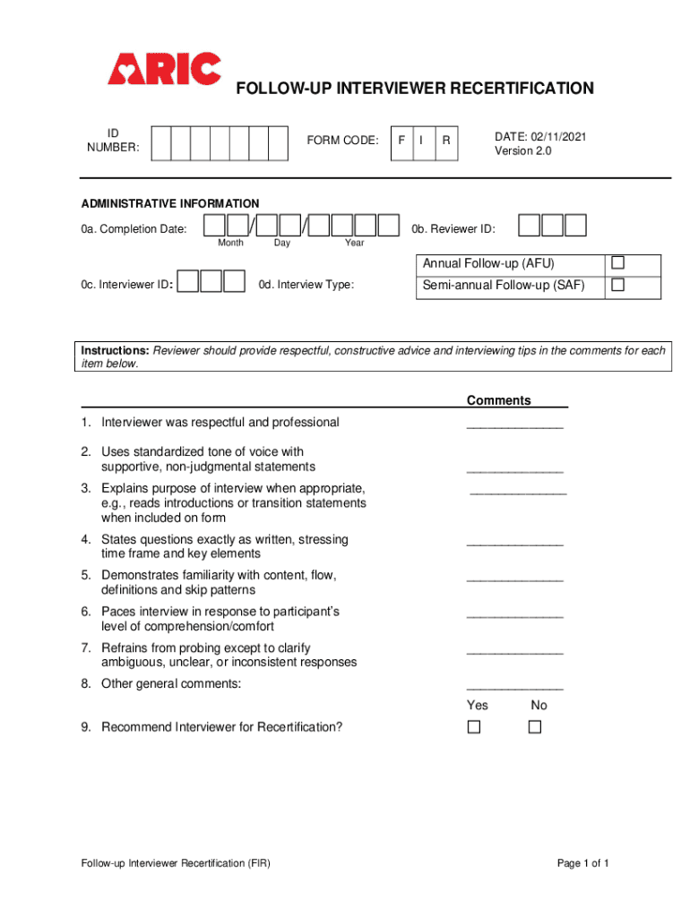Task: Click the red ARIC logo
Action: (x=164, y=69)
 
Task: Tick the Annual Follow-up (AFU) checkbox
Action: (x=617, y=263)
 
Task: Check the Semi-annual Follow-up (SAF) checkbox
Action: (x=617, y=285)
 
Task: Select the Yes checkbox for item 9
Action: (x=473, y=727)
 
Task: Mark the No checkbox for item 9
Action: (x=535, y=727)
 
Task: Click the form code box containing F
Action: (x=401, y=141)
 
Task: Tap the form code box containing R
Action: (x=445, y=141)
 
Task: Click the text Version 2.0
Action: (x=523, y=151)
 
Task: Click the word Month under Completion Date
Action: (x=230, y=243)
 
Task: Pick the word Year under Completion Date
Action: (x=355, y=243)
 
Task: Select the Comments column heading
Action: (x=498, y=400)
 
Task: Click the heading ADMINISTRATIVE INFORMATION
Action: (x=170, y=203)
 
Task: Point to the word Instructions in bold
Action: (x=116, y=350)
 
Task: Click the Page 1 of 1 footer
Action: (x=583, y=863)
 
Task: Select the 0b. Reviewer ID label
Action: (x=453, y=229)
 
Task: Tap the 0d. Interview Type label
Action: (x=306, y=285)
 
